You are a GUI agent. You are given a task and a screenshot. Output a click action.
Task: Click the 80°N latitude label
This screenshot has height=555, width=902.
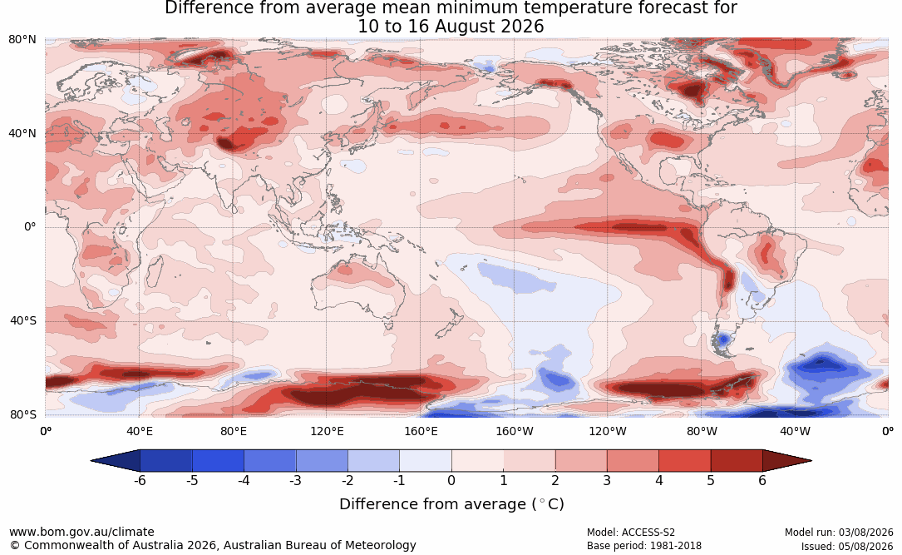coord(22,40)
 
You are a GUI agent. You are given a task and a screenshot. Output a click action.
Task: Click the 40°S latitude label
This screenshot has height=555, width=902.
coord(23,320)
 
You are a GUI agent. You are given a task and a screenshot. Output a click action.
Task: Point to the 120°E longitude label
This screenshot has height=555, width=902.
coord(328,431)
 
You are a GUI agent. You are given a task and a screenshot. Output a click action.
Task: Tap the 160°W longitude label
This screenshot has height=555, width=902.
coord(515,431)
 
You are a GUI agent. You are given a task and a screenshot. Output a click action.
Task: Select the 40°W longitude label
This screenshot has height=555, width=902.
coord(795,431)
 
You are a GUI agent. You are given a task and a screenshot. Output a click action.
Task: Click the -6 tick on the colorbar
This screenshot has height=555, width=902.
coord(139,480)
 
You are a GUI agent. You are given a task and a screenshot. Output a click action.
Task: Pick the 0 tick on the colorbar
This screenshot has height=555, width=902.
coord(451,480)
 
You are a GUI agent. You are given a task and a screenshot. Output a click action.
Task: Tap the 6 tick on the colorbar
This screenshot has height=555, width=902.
coord(762,480)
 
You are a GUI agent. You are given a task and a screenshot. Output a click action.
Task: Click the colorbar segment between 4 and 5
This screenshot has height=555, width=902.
coord(684,461)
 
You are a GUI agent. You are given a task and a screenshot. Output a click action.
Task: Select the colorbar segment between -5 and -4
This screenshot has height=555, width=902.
coord(218,461)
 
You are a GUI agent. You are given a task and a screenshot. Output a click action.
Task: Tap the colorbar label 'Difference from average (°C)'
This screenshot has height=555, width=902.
coord(451,504)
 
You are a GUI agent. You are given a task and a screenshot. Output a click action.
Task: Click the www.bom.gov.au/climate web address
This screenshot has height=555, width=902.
coord(81,532)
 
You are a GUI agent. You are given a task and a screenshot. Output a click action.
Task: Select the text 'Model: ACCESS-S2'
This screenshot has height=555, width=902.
coord(630,533)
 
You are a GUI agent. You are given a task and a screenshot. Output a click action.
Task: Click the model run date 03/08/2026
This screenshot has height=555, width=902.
coord(865,533)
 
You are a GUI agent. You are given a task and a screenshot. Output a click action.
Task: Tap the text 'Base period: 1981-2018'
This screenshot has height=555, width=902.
coord(644,546)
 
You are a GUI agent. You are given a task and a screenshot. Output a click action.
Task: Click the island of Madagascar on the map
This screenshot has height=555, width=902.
coord(153,271)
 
